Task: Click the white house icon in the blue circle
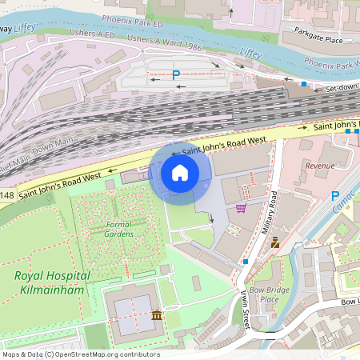click(180, 173)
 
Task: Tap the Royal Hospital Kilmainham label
click(52, 281)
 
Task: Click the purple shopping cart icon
click(241, 208)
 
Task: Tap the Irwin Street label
click(243, 306)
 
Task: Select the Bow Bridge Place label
click(264, 294)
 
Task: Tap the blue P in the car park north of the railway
click(176, 75)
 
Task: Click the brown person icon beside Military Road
click(275, 242)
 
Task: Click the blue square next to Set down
click(304, 83)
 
